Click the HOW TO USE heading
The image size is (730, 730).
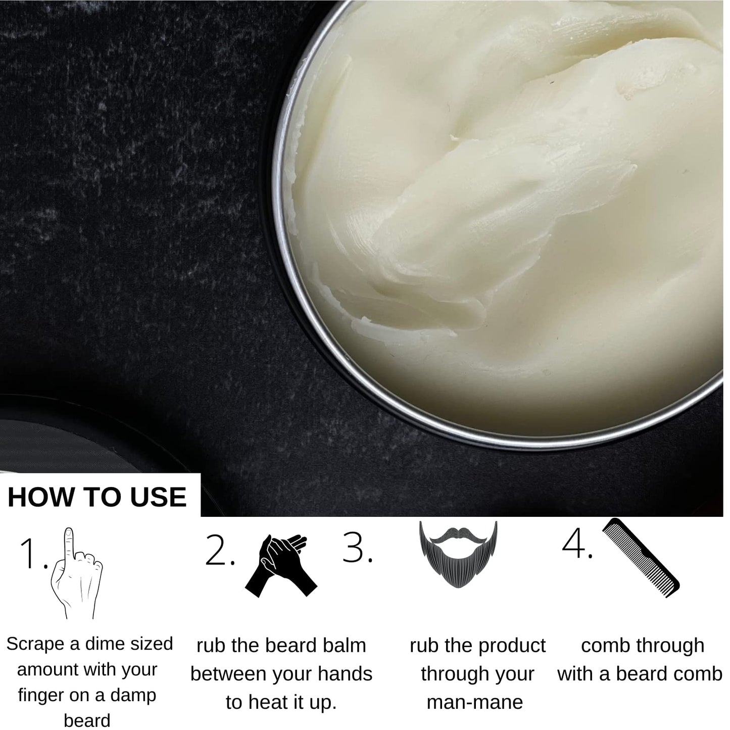pos(97,497)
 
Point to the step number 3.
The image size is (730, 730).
pos(357,548)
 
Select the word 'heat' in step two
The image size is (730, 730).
pos(267,703)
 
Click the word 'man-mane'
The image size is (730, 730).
pos(475,702)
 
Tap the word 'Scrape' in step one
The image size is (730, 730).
pos(35,644)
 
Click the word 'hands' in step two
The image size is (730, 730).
pos(346,674)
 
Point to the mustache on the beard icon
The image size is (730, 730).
pos(458,534)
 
